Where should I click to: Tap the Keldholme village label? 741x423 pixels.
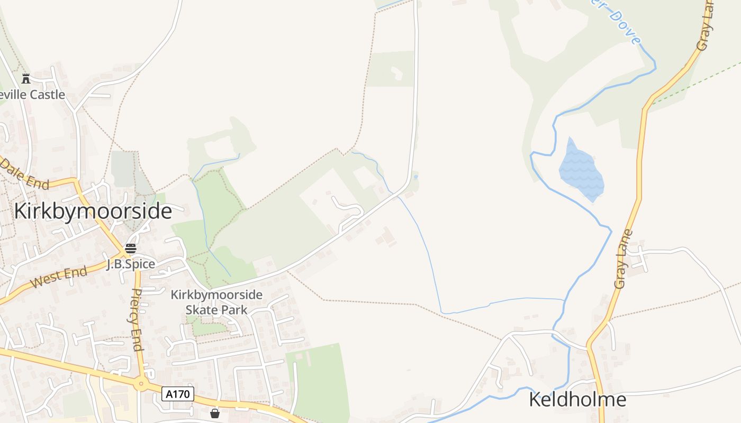(x=577, y=400)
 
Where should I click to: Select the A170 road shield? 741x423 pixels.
(x=178, y=394)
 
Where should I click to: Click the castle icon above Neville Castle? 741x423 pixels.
(x=26, y=79)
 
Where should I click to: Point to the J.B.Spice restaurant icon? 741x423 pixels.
(x=130, y=249)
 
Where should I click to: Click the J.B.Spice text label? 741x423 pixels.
(x=130, y=264)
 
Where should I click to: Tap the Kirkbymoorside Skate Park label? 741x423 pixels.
(x=216, y=302)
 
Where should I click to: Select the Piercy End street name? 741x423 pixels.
(x=137, y=319)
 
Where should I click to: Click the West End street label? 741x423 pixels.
(x=59, y=278)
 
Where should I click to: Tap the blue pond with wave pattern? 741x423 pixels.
(x=581, y=170)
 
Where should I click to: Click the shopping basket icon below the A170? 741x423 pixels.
(x=215, y=413)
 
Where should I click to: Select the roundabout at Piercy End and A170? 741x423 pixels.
(x=141, y=384)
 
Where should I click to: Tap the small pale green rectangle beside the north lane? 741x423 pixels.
(x=391, y=69)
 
